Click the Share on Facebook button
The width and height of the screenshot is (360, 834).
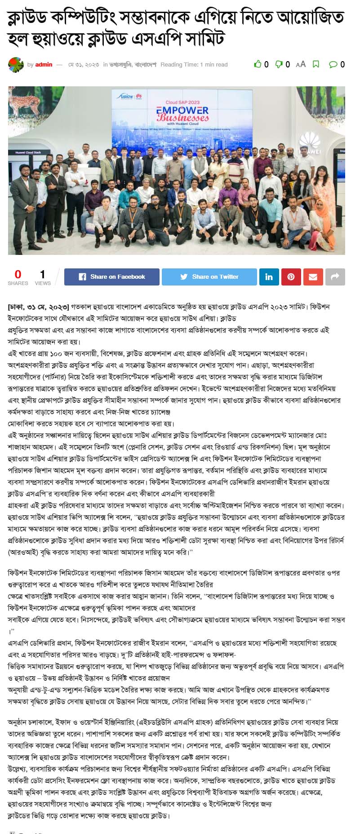(x=112, y=277)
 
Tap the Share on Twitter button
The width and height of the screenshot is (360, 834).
(x=209, y=277)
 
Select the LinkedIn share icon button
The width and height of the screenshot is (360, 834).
(x=269, y=277)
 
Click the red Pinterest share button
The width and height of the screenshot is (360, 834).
(x=291, y=277)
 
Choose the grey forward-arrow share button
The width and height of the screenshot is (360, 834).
(x=335, y=277)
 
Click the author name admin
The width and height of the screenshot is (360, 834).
(x=44, y=64)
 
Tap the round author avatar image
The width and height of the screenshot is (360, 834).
(x=16, y=65)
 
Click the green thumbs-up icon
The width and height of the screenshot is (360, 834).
(x=258, y=64)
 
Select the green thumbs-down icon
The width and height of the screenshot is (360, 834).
(x=279, y=64)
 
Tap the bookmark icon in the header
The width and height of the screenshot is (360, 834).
(x=316, y=64)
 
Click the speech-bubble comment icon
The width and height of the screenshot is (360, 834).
(x=333, y=64)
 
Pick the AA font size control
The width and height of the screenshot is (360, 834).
(x=301, y=64)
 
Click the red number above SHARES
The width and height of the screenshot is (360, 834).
(x=18, y=274)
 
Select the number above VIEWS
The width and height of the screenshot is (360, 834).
(x=43, y=274)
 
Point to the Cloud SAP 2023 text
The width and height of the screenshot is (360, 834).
(x=182, y=103)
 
